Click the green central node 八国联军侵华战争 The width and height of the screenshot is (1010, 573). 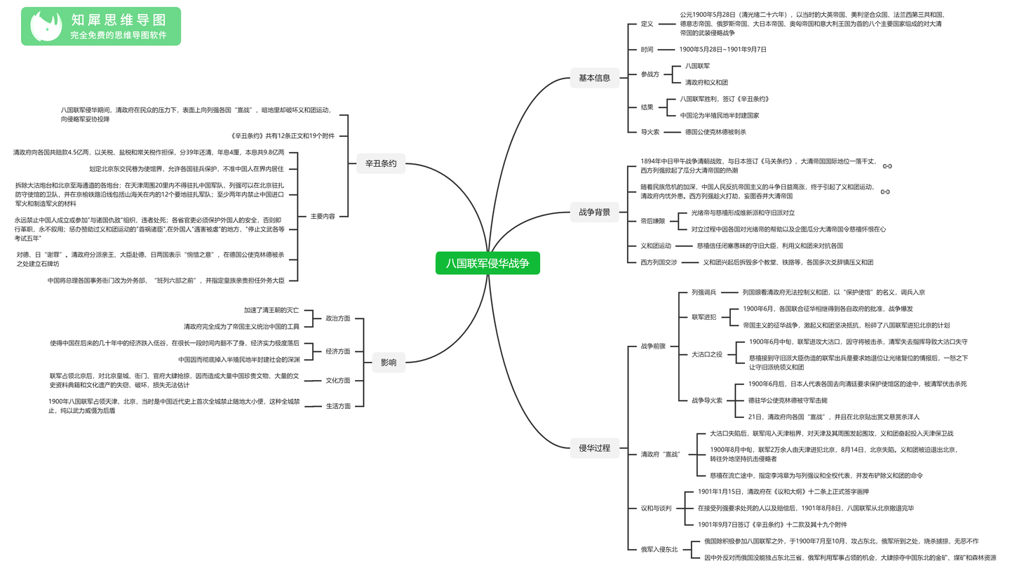[487, 263]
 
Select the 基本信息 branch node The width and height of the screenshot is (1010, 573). [594, 78]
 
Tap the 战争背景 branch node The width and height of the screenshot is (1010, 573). [594, 213]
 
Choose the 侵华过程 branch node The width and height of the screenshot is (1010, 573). [594, 448]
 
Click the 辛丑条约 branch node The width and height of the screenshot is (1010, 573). [381, 163]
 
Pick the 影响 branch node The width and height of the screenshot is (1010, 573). [389, 363]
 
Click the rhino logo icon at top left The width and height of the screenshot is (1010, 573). [46, 26]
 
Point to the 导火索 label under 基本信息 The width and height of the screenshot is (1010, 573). [649, 132]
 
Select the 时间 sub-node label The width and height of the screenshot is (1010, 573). [647, 50]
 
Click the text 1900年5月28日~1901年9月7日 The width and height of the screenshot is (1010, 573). [722, 50]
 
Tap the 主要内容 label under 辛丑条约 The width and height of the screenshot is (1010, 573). [323, 217]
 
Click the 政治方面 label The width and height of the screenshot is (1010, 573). [338, 318]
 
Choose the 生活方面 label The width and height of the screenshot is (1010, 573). [338, 406]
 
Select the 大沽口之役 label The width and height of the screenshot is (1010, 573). [707, 354]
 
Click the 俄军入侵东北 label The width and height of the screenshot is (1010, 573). [659, 550]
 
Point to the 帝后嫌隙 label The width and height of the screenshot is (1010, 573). [653, 221]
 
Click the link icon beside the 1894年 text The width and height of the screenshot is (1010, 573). [887, 166]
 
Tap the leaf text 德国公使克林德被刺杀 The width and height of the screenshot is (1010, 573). [715, 132]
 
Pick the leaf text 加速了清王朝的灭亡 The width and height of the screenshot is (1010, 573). [271, 310]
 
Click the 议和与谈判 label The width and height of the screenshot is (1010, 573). [656, 508]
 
